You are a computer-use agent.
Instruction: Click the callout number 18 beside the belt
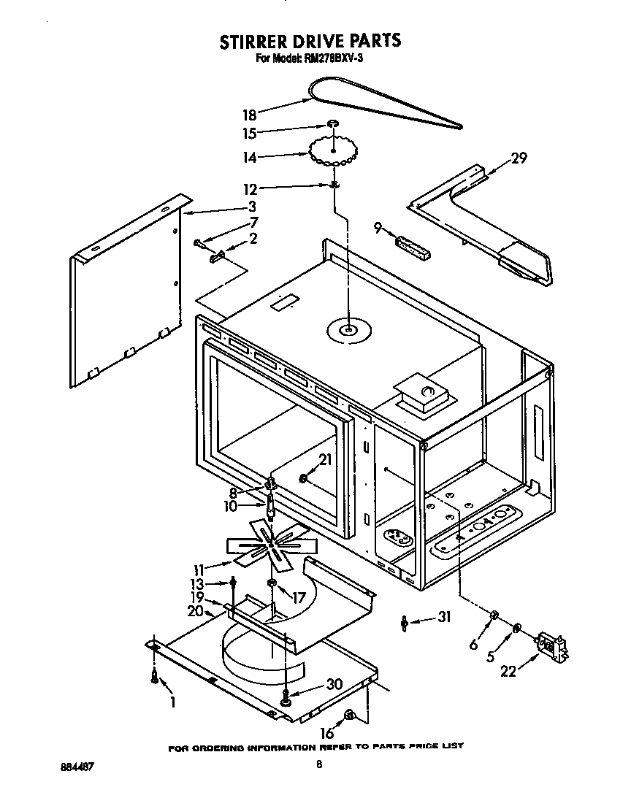point(248,114)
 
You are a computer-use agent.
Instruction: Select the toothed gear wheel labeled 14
point(332,152)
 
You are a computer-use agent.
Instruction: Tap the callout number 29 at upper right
point(519,157)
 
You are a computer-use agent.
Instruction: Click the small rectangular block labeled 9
point(413,246)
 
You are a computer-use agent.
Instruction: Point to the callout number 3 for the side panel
point(251,206)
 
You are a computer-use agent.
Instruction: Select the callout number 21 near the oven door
point(325,460)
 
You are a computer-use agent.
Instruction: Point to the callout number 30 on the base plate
point(334,685)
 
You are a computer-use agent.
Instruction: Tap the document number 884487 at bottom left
point(75,767)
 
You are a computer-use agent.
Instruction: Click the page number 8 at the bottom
point(318,764)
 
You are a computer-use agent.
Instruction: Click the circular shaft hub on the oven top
point(349,331)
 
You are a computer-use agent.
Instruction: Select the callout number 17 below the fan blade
point(297,596)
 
